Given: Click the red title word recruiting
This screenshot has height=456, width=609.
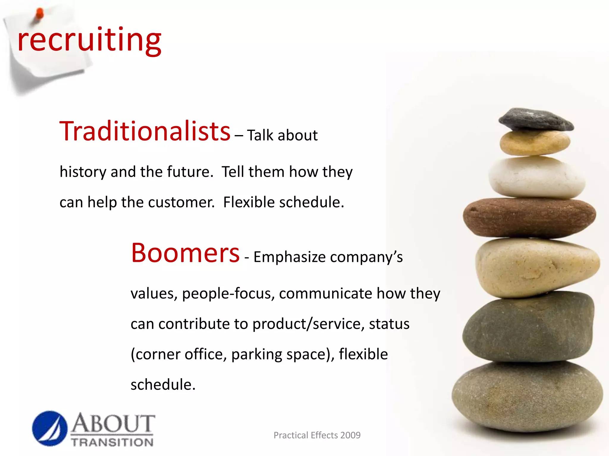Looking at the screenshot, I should tap(89, 40).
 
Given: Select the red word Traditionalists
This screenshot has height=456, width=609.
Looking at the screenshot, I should tap(145, 132).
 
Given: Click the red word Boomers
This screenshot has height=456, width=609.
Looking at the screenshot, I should tap(185, 253).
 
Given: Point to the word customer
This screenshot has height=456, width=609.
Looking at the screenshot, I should tap(181, 202).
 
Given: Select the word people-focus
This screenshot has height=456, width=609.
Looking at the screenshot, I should tap(228, 294).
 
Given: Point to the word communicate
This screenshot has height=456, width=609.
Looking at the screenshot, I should tap(325, 294).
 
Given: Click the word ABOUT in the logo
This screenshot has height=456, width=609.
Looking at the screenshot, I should tap(113, 424).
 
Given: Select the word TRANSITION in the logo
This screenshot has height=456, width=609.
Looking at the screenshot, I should tap(112, 442).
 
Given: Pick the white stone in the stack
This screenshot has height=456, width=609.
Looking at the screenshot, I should tap(537, 177).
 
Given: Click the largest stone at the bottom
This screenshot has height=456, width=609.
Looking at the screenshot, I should tap(527, 396).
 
